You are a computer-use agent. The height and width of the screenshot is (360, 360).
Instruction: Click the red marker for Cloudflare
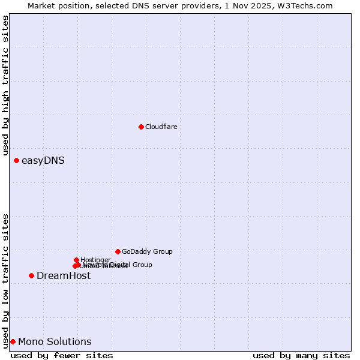point(141,127)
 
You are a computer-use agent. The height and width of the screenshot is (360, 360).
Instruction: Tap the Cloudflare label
point(161,127)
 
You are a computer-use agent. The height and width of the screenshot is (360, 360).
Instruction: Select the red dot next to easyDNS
point(16,160)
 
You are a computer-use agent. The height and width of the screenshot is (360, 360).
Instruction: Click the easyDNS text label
point(43,160)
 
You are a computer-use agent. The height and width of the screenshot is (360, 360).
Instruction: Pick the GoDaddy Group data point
point(118,251)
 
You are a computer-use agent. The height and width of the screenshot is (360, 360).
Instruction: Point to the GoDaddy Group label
point(147,251)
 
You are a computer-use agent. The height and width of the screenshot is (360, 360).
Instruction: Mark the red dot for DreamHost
point(31,275)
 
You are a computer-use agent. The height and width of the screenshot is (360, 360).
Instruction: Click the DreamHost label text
point(64,275)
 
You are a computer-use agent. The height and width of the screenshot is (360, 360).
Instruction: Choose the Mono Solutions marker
point(13,341)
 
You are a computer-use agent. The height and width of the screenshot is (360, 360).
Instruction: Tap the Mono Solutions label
point(55,341)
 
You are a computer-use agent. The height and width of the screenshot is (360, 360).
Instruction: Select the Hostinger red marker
point(76,260)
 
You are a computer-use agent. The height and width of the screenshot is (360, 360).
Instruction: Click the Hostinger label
point(95,260)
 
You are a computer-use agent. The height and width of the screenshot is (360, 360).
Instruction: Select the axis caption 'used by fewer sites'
point(62,355)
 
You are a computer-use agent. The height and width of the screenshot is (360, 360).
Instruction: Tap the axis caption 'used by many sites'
point(301,355)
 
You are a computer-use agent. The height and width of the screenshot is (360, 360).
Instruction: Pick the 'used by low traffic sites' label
point(5,280)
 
